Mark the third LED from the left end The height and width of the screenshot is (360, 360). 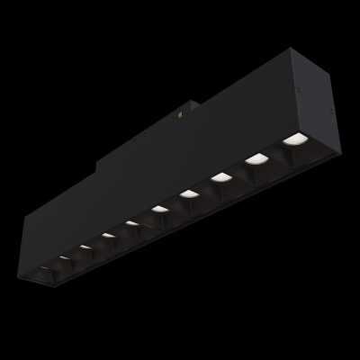[x=85, y=246]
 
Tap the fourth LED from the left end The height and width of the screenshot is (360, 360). [x=107, y=235]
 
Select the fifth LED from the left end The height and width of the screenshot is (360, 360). [x=132, y=222]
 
